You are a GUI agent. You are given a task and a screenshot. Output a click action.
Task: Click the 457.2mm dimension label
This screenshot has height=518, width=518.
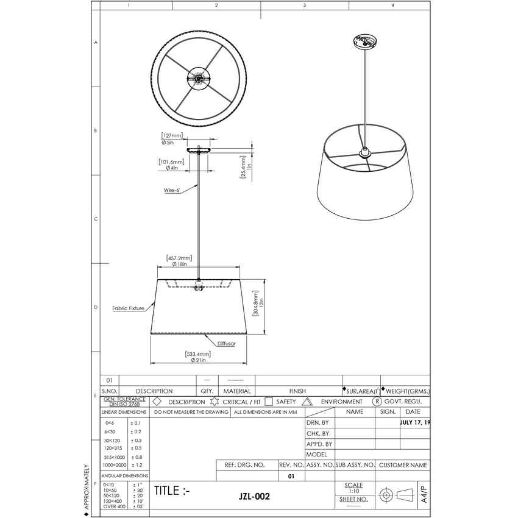179,258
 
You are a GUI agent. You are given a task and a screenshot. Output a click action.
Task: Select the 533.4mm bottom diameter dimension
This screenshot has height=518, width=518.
198,354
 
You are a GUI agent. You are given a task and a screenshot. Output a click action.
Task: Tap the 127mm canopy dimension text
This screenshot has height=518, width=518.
172,136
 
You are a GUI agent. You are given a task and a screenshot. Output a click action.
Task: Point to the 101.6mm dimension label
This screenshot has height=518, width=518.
172,162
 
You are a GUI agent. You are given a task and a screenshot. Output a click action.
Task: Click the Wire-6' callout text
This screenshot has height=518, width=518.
172,190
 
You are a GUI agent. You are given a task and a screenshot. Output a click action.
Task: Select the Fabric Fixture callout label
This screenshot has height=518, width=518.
129,308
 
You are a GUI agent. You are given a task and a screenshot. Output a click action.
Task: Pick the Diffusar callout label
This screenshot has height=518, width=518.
226,344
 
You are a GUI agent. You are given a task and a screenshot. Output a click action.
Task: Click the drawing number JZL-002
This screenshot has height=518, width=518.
254,497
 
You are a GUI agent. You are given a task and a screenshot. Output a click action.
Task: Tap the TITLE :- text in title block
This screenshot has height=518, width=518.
172,491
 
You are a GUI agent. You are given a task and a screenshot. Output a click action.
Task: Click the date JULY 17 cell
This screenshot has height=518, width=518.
414,422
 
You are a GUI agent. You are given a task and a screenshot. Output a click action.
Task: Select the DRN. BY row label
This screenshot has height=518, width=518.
318,422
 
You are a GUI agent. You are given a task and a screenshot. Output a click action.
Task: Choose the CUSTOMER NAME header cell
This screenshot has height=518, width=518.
403,465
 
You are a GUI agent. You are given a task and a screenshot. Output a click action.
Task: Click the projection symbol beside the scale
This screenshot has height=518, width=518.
396,495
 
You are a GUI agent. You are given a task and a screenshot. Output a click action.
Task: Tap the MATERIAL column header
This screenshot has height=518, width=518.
237,391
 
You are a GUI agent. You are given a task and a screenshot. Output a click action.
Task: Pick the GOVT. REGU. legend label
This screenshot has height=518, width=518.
406,402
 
